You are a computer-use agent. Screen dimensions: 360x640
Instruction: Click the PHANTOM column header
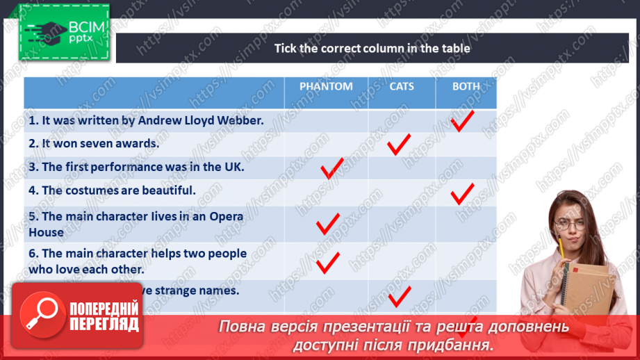[326, 86]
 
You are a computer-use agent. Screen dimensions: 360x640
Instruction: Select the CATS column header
[402, 86]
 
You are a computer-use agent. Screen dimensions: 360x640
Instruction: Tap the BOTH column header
[466, 86]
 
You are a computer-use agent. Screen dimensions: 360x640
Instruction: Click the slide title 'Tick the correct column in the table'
[372, 48]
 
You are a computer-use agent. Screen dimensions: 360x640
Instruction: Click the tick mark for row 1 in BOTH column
[462, 120]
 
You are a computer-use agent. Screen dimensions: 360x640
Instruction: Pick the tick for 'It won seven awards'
[399, 145]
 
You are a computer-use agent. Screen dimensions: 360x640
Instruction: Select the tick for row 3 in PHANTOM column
[331, 167]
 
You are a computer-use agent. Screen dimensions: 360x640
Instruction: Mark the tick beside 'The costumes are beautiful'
[462, 193]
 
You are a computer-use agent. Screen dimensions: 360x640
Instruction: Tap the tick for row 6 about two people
[327, 262]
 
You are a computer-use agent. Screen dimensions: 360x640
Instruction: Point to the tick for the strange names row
[400, 297]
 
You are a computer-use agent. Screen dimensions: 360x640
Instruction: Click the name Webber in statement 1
[245, 120]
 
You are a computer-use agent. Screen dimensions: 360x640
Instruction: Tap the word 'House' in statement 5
[46, 232]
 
